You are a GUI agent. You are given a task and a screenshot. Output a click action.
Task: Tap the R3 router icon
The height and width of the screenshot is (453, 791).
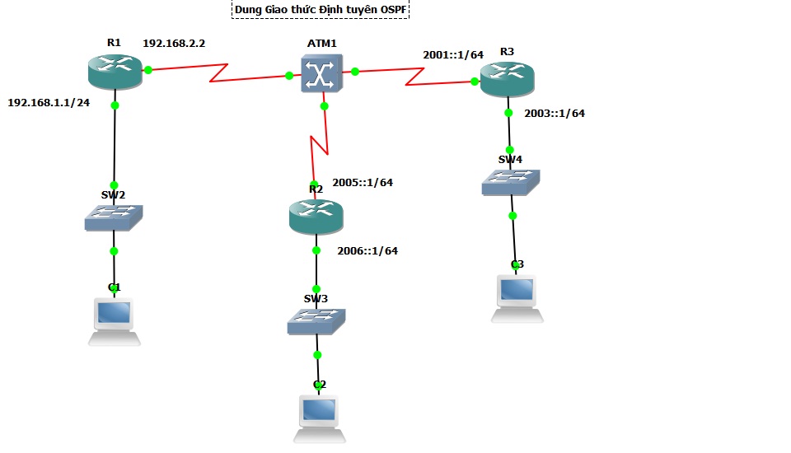point(507,79)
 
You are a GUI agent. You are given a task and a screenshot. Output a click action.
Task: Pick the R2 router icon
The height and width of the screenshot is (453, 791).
point(316,217)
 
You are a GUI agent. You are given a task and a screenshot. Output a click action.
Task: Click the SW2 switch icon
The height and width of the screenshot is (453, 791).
point(114,217)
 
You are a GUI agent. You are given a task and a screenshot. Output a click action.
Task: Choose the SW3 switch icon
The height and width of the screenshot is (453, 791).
point(316,320)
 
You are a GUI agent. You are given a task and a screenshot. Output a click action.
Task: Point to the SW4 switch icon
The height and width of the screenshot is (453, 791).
point(511,182)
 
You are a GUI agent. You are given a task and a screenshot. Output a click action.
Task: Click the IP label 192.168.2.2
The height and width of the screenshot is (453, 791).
point(174,43)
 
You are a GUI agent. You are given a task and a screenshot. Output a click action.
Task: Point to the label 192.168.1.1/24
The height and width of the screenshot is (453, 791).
point(49,103)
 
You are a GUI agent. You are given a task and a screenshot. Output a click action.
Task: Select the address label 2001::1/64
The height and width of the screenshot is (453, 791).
point(453,54)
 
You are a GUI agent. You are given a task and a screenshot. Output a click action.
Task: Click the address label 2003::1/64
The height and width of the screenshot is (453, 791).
point(555,114)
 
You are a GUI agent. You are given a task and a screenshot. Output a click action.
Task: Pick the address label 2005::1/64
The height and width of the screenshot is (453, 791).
point(363,183)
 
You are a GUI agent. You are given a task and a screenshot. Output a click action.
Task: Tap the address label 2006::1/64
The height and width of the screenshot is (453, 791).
point(367,251)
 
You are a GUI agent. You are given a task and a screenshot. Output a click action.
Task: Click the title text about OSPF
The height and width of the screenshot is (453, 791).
point(321,10)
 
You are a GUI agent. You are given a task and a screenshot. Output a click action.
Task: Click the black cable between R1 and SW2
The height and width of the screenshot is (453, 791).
point(115,144)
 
